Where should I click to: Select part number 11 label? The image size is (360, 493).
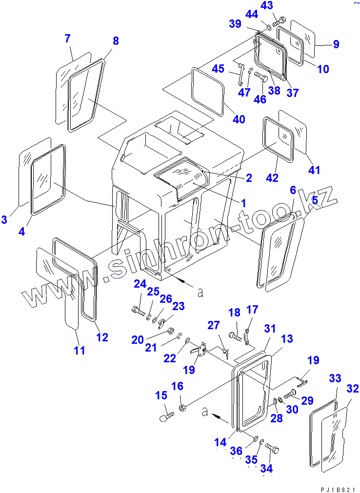click(80, 350)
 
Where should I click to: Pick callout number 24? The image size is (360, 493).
click(140, 284)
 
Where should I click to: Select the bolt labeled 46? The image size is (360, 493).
click(261, 77)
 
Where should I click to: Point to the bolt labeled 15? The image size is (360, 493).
click(167, 417)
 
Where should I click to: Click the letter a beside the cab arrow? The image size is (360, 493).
click(200, 292)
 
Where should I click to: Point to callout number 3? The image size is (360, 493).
click(4, 219)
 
